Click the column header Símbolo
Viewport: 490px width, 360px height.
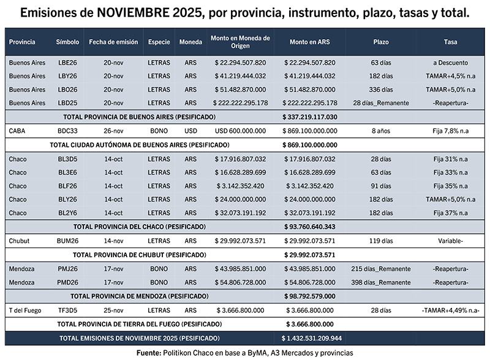67,42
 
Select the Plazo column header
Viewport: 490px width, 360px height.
380,42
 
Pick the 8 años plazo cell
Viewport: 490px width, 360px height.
380,130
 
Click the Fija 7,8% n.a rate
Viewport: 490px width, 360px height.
450,130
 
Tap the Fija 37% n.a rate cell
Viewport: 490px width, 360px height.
450,212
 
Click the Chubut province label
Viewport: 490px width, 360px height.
19,241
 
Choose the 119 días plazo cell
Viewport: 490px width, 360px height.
380,241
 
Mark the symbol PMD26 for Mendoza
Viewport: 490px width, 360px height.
67,282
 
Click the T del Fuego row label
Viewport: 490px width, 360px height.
25,310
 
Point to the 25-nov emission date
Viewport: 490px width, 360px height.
114,310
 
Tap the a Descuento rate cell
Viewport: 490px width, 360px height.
450,62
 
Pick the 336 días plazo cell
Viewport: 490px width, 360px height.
380,89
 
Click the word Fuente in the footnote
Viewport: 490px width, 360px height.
148,353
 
